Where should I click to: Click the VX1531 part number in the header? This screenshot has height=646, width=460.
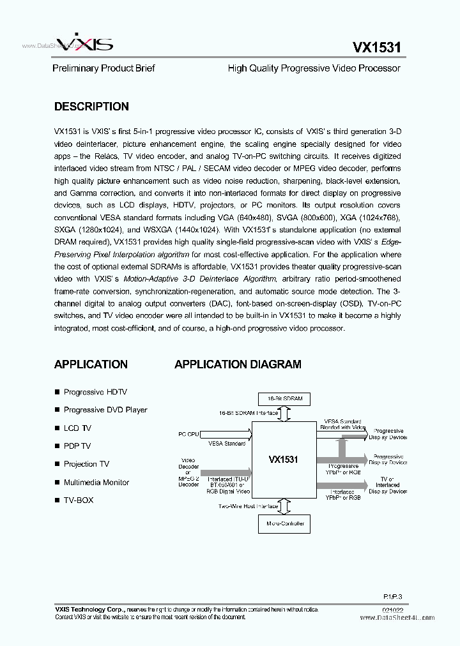[376, 47]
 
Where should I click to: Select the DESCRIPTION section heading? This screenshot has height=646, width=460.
[91, 107]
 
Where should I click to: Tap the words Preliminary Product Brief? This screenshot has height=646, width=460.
[103, 68]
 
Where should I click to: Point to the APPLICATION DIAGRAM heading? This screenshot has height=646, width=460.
[238, 364]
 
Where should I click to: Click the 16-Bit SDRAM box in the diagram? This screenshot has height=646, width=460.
[284, 400]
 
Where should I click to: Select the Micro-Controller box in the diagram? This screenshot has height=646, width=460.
[284, 523]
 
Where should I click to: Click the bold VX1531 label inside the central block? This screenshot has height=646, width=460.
[283, 459]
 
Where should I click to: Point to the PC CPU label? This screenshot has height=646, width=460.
[188, 435]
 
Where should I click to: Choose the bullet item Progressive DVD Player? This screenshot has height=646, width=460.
[105, 410]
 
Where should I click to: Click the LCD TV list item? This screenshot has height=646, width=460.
[77, 428]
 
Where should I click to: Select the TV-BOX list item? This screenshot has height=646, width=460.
[79, 500]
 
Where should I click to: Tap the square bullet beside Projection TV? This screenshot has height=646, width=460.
[57, 464]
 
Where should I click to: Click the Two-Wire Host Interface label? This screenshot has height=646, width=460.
[249, 506]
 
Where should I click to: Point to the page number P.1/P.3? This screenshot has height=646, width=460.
[392, 595]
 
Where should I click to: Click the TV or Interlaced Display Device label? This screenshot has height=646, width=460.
[388, 486]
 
